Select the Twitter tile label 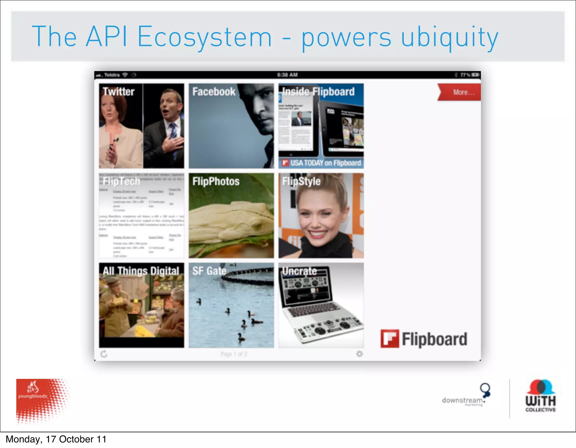point(118,92)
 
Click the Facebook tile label point(214,92)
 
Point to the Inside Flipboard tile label point(318,92)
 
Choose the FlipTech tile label point(121,181)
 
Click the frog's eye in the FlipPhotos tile point(256,225)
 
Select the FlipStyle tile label point(301,181)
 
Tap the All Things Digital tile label point(141,271)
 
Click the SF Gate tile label point(209,271)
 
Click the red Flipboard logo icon point(390,339)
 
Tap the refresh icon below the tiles point(104,354)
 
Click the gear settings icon point(359,354)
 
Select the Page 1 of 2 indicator point(234,354)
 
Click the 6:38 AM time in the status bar point(287,75)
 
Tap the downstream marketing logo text point(462,400)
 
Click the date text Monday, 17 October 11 point(56,439)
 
